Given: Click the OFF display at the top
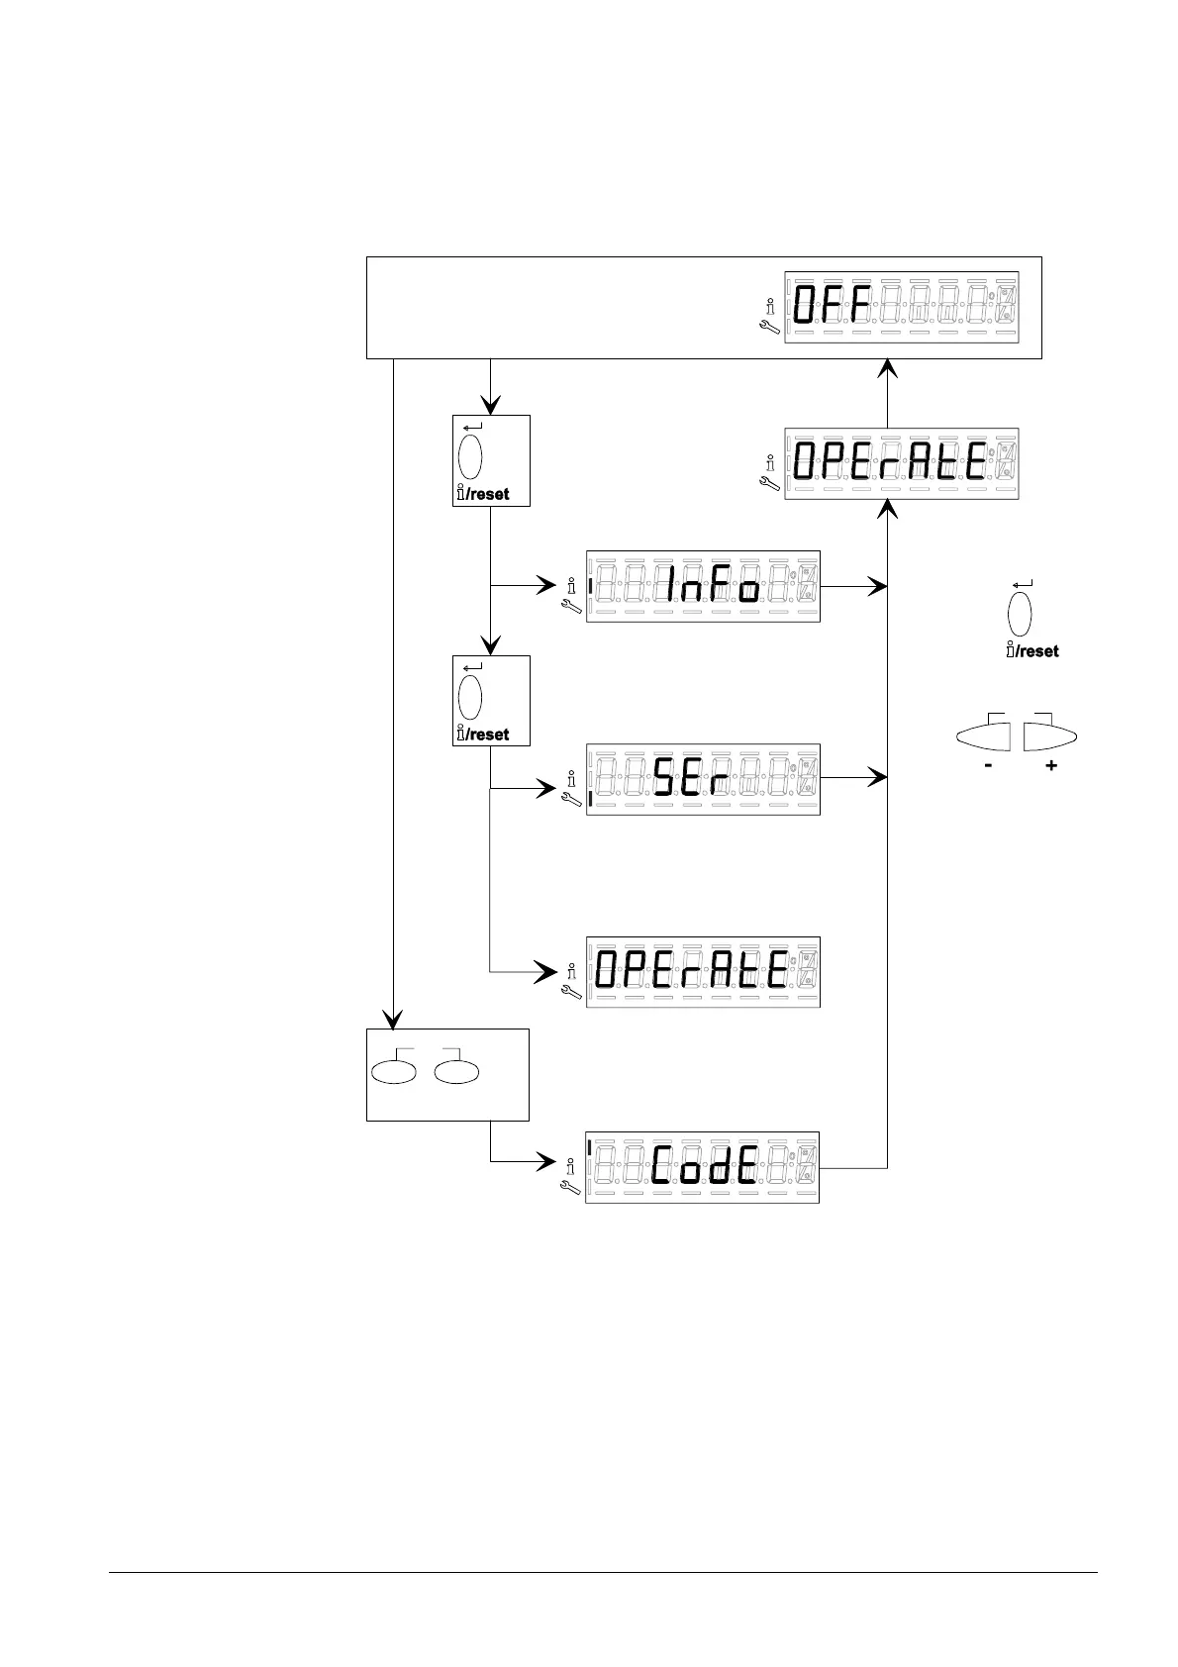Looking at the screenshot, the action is click(901, 308).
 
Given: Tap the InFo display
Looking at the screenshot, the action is click(703, 586).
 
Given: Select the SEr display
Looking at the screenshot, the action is click(703, 779).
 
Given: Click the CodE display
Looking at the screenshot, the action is click(703, 1167).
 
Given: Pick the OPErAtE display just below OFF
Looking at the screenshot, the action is click(901, 464).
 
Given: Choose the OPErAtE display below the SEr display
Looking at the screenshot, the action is click(703, 972).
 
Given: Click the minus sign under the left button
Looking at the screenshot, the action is click(988, 765).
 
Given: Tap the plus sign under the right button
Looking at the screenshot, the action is click(1051, 765).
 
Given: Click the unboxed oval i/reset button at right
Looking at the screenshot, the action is click(1020, 614).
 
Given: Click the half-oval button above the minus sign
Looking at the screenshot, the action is click(984, 737).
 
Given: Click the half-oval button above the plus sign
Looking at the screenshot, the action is click(1049, 737).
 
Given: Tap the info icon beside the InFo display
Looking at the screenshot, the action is click(571, 585).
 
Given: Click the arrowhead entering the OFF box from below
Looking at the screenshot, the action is click(888, 368).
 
